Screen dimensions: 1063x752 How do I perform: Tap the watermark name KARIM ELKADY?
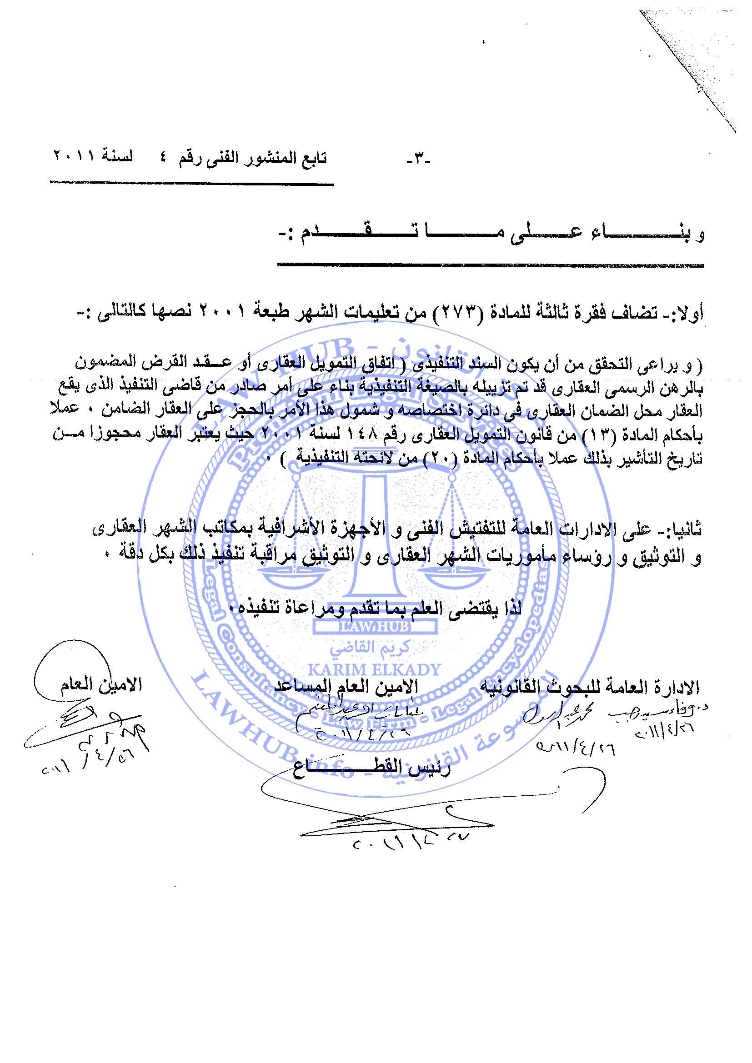tap(374, 669)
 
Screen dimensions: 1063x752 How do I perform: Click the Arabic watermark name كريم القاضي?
tap(374, 649)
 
